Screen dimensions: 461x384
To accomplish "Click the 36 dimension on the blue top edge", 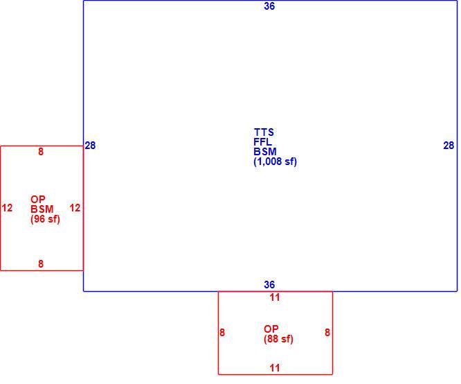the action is [x=269, y=6].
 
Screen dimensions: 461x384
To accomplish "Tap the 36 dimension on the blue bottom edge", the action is [x=269, y=285].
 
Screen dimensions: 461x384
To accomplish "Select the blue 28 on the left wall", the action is [x=90, y=145].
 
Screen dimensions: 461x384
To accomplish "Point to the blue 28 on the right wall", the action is [x=449, y=145].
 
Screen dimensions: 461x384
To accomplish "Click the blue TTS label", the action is [x=264, y=132].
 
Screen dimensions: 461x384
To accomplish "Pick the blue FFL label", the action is [x=262, y=141].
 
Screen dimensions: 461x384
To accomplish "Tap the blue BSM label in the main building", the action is [x=265, y=151].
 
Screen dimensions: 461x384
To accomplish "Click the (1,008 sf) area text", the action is [x=275, y=162].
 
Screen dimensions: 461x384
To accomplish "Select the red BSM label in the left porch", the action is [x=42, y=209].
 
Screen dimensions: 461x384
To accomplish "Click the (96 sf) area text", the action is [x=45, y=219].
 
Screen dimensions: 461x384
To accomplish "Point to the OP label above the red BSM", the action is [x=38, y=200].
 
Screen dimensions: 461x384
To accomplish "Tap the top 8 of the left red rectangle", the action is [x=41, y=152].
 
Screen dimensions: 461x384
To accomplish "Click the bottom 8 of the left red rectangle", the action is [x=41, y=263].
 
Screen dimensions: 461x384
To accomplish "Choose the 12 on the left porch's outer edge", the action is [x=8, y=208].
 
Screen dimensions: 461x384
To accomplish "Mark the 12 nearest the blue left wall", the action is [x=75, y=208].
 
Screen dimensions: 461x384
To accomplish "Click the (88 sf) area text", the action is [x=278, y=339].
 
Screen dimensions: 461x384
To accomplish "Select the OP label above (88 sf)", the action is [x=271, y=329].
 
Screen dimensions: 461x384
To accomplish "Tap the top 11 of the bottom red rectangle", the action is [x=275, y=297].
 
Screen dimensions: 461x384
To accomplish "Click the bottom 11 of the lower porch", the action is [x=275, y=368].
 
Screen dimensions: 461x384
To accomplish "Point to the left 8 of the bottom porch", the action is [x=222, y=333].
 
